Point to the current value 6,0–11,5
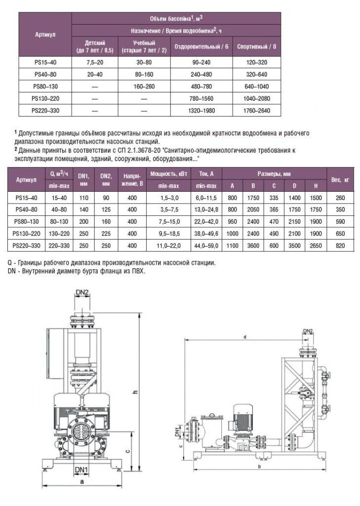[206, 197]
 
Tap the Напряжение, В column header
[132, 180]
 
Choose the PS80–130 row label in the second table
[27, 221]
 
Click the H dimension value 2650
[314, 245]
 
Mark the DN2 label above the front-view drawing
[82, 293]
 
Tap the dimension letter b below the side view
[260, 466]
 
